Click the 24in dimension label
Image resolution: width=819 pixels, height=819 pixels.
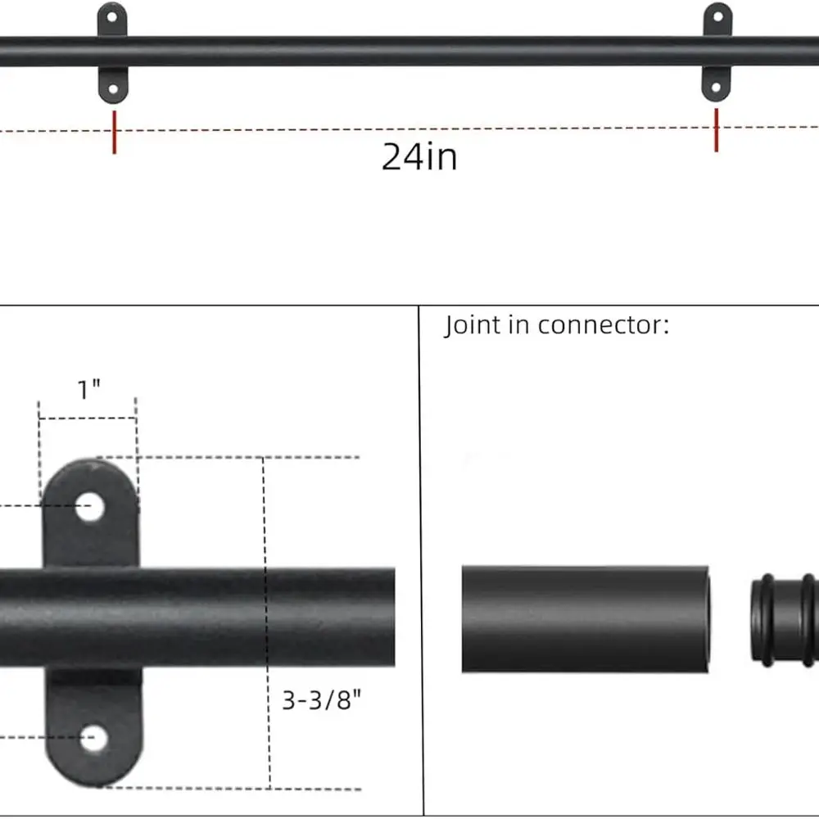coord(419,156)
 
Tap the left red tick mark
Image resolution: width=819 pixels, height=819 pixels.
coord(115,132)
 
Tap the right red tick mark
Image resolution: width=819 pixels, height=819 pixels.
coord(717,129)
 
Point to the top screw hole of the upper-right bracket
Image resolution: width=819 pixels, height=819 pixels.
coord(717,16)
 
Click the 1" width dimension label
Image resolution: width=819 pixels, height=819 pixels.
coord(88,390)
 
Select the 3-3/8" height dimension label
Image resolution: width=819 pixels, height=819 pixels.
coord(322,700)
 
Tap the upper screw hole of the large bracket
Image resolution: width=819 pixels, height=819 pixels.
coord(91,508)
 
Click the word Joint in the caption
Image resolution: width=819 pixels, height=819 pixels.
coord(470,325)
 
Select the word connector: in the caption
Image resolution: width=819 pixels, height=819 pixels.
coord(604,325)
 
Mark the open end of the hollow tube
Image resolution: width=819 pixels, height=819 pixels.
coord(704,618)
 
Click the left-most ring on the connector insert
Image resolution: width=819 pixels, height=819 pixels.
coord(758,619)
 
